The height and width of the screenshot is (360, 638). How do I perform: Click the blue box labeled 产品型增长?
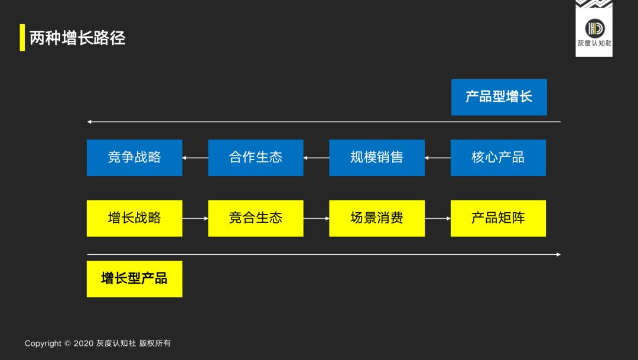(499, 97)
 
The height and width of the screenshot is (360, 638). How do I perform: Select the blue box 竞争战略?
(134, 157)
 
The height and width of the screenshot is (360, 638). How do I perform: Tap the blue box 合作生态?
(255, 157)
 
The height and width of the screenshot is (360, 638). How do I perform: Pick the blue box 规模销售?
(376, 157)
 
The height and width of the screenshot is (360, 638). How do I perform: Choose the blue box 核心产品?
(498, 157)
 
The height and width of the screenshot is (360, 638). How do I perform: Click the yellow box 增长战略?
(134, 218)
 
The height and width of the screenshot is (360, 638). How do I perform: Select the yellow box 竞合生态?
(255, 218)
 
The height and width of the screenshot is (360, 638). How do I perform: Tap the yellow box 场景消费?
(376, 218)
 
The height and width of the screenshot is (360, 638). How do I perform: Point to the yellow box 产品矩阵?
(498, 218)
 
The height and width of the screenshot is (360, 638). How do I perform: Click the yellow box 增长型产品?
(134, 278)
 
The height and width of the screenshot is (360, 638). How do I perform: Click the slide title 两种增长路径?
(77, 38)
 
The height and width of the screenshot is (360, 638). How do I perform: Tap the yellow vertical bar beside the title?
(22, 37)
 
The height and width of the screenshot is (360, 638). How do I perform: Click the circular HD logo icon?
(594, 28)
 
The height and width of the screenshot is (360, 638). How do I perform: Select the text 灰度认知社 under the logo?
(594, 43)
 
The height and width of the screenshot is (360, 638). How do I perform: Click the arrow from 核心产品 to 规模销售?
(438, 158)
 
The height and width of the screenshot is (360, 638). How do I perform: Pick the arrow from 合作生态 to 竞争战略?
(195, 158)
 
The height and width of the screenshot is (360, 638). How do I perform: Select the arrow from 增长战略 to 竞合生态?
(195, 218)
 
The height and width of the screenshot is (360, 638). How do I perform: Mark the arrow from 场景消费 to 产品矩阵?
(438, 218)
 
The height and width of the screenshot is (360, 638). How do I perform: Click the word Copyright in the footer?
(43, 343)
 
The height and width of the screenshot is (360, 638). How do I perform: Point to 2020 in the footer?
(83, 343)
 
